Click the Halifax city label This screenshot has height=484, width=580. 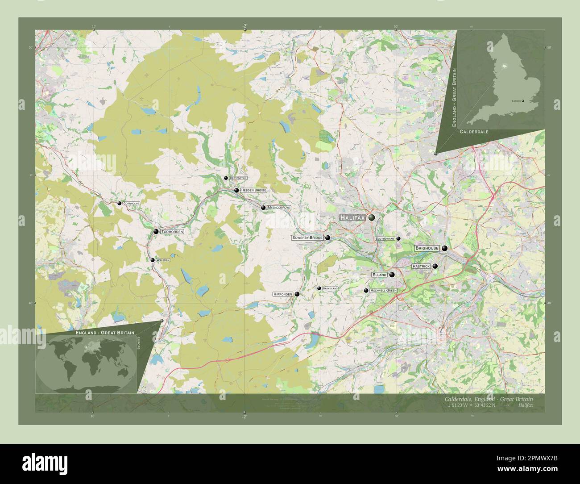click(x=352, y=217)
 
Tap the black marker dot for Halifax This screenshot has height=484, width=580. click(x=371, y=218)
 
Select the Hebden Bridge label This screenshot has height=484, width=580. click(x=253, y=190)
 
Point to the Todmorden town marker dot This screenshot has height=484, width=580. click(x=156, y=232)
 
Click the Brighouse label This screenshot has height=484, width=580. click(x=427, y=248)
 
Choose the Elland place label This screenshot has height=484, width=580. click(x=379, y=275)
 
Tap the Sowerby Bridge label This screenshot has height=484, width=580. click(x=307, y=238)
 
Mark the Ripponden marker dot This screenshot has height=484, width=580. click(x=297, y=294)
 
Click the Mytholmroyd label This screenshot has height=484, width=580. click(x=279, y=208)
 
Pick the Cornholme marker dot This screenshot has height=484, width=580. click(x=119, y=203)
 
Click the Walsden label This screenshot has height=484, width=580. click(x=162, y=260)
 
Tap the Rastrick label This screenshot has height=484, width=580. click(x=421, y=266)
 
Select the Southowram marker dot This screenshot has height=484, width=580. click(x=398, y=239)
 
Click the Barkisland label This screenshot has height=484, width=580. click(x=330, y=288)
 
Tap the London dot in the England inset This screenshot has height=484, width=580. click(x=522, y=101)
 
